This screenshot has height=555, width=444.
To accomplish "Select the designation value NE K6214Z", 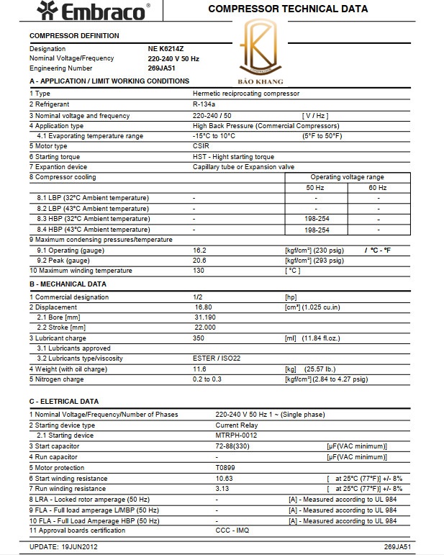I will pos(167,49).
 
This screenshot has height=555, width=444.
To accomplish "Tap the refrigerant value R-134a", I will pos(205,104).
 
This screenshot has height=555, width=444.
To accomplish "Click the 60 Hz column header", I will pos(378,188).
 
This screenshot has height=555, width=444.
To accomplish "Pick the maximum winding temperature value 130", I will pos(199,271).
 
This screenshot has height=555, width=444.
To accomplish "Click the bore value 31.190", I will pos(205,317).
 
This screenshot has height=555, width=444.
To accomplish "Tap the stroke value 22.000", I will pos(205,328).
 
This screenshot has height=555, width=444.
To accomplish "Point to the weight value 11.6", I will pos(199,369).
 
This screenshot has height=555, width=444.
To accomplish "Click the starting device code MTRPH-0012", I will pos(236,436).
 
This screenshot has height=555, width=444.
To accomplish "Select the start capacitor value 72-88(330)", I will pos(235,446).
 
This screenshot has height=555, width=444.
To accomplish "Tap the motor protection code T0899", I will pos(225,467).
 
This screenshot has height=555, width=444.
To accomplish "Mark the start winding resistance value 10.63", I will pos(224,478).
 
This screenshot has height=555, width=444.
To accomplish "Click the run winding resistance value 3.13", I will pos(222,489).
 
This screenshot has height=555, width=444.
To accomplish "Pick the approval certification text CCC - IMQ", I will pos(231,531).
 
